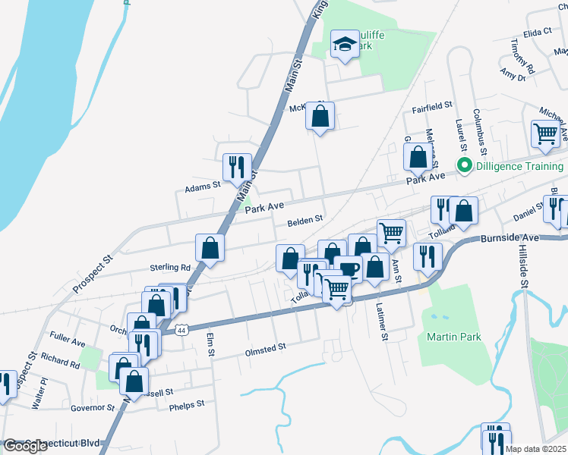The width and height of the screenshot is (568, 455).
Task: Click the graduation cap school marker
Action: (345, 46)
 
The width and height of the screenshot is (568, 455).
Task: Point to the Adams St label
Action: (202, 184)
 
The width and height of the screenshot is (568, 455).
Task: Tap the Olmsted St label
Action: (264, 347)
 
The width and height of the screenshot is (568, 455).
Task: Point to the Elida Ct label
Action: (537, 32)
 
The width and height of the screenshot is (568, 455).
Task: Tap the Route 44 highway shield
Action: (181, 330)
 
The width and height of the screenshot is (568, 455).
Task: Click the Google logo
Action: (25, 446)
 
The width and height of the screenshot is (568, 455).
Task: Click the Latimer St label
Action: (383, 321)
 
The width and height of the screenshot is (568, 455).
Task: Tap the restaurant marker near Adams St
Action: (237, 168)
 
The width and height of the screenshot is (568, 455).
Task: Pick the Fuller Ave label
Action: (67, 344)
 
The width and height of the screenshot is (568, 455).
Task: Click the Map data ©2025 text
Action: (536, 449)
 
